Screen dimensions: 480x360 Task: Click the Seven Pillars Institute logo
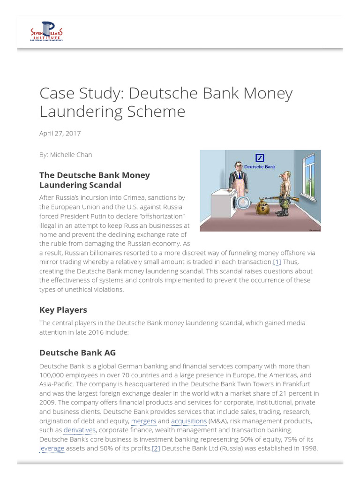click(x=46, y=32)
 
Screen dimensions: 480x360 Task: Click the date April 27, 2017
click(x=60, y=133)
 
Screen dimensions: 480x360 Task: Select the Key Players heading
click(x=63, y=310)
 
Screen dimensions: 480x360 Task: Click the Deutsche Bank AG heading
click(x=77, y=352)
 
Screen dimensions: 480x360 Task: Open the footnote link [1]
click(x=277, y=262)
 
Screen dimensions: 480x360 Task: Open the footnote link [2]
click(x=156, y=448)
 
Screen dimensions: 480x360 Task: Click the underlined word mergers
click(x=143, y=421)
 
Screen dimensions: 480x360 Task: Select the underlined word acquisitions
click(x=189, y=421)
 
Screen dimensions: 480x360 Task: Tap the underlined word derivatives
click(x=80, y=430)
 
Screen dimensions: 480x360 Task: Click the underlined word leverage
click(x=52, y=448)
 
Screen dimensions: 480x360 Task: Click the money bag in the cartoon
click(x=263, y=206)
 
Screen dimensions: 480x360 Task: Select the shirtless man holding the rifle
click(x=283, y=192)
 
